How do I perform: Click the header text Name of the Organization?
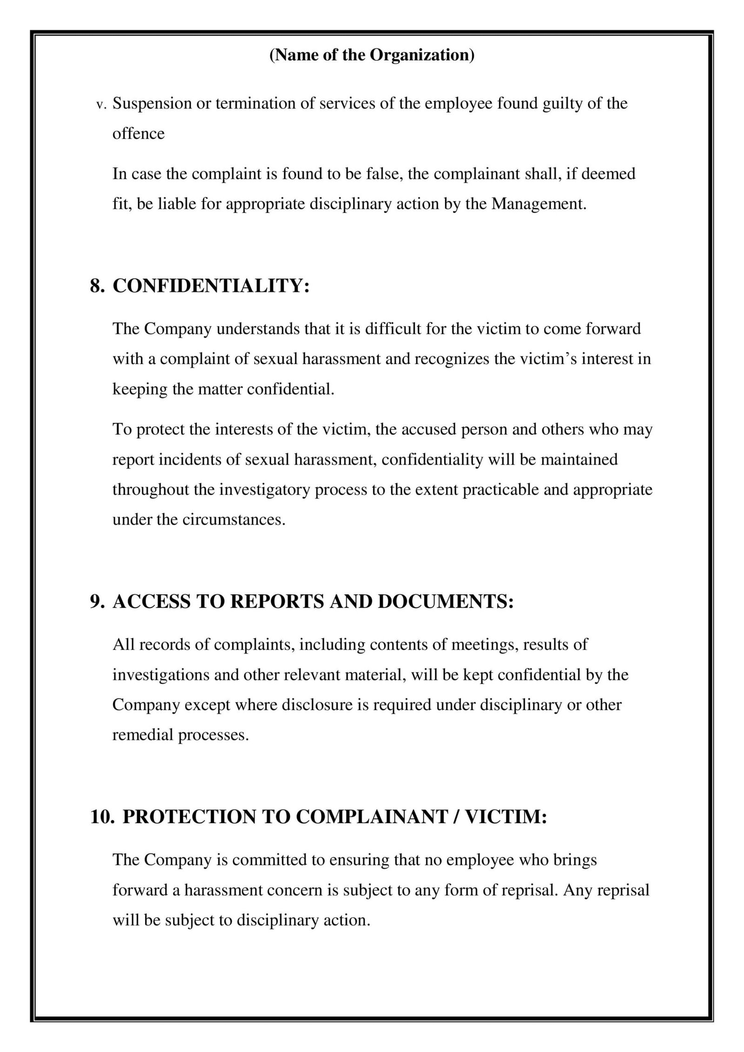[372, 55]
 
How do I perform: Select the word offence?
[139, 133]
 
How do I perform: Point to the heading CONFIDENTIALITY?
[211, 286]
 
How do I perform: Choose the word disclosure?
[303, 705]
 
